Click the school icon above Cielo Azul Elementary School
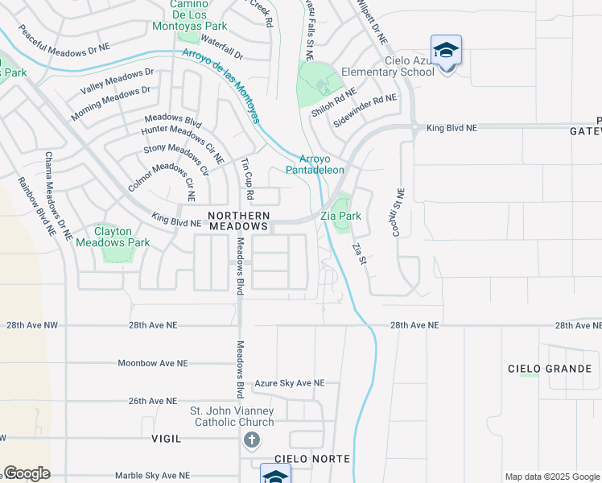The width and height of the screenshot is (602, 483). coord(447,50)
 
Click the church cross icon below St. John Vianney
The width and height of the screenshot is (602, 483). coord(252,440)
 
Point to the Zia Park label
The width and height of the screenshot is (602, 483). coord(340,217)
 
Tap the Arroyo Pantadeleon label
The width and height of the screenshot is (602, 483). coord(322,164)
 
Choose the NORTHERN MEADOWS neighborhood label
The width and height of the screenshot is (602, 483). coord(239,221)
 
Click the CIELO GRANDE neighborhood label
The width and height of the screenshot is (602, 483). coord(550,369)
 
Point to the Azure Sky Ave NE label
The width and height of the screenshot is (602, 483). coord(290,384)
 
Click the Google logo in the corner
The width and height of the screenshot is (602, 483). coord(27,473)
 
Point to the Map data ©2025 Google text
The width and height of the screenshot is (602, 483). coord(551,477)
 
